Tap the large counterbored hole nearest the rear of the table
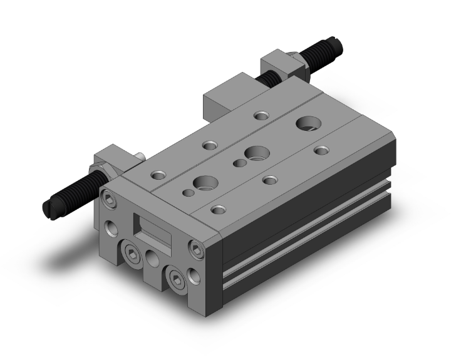coord(308,123)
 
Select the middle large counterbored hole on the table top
coord(256,152)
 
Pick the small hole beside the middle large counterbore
coord(239,164)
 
